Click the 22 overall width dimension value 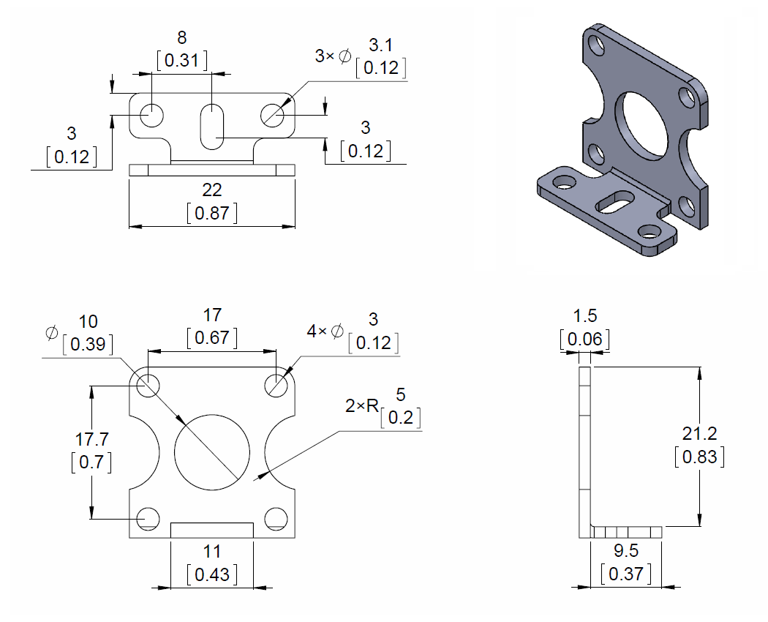tap(211, 190)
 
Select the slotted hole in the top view tap(211, 127)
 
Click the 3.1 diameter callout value tap(380, 46)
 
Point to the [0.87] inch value tap(211, 213)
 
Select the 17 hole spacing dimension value tap(212, 315)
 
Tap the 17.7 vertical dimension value tap(92, 439)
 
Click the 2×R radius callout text tap(362, 405)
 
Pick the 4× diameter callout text tap(325, 331)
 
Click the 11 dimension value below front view tap(212, 551)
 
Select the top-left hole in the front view tap(148, 385)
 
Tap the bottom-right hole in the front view tap(276, 518)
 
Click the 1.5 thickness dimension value tap(584, 316)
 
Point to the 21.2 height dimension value tap(699, 434)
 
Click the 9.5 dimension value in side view tap(625, 551)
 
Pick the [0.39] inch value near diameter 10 tap(88, 344)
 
